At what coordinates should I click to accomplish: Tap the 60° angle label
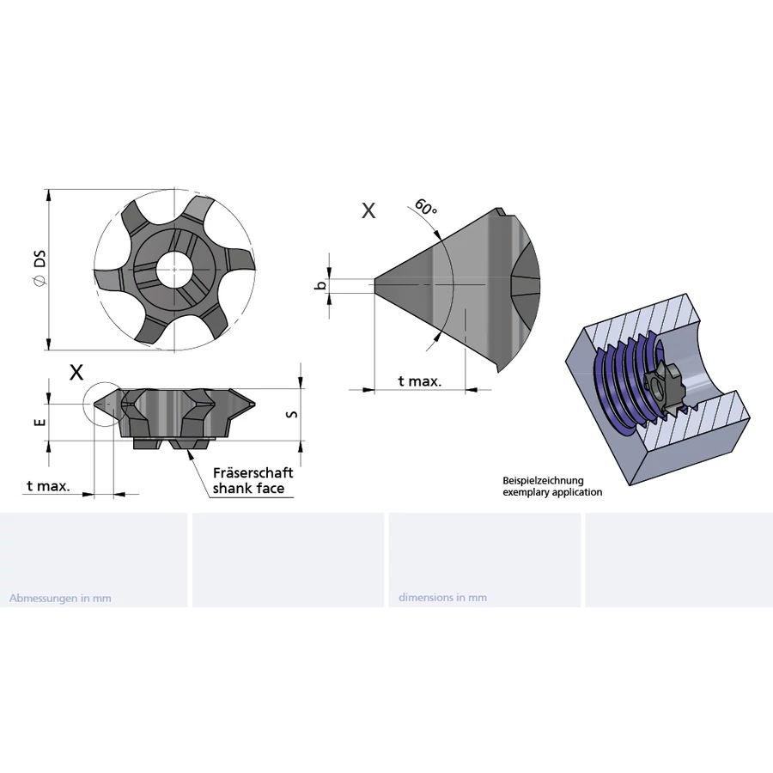(x=425, y=206)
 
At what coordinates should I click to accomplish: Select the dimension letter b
(x=321, y=285)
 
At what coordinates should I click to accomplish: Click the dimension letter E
(x=41, y=422)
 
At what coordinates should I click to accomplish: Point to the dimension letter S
(x=292, y=414)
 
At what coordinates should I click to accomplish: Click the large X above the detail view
(x=368, y=210)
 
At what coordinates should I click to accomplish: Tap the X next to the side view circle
(x=76, y=373)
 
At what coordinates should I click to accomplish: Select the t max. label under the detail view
(x=420, y=381)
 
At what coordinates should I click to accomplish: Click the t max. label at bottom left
(x=48, y=486)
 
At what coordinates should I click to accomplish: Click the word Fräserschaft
(x=253, y=472)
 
